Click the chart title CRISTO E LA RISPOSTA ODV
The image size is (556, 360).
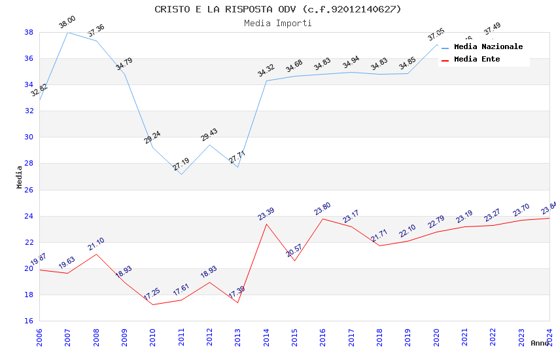(278, 9)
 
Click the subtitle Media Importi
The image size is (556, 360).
(278, 23)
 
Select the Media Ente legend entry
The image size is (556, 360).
(477, 59)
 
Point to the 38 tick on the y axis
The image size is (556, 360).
(29, 32)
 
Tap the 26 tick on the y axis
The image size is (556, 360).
(29, 190)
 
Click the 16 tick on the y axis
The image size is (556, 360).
(29, 321)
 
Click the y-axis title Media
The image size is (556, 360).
(20, 177)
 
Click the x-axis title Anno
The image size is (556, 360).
(540, 343)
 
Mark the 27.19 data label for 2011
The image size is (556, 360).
(181, 164)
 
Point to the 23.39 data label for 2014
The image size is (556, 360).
(266, 214)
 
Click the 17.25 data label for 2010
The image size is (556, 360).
(152, 295)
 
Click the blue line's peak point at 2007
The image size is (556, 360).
(68, 32)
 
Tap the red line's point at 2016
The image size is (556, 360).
(322, 219)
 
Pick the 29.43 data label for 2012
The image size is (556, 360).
(209, 135)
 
